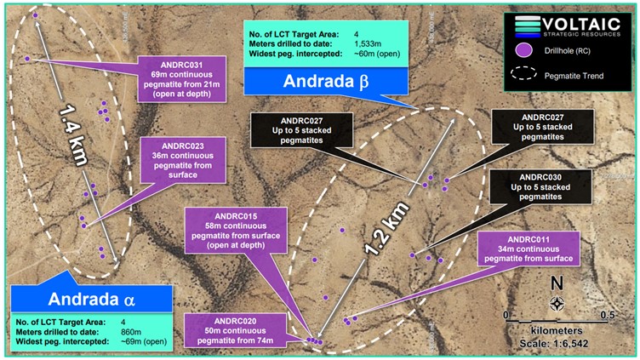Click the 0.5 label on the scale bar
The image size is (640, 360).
pos(606,314)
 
